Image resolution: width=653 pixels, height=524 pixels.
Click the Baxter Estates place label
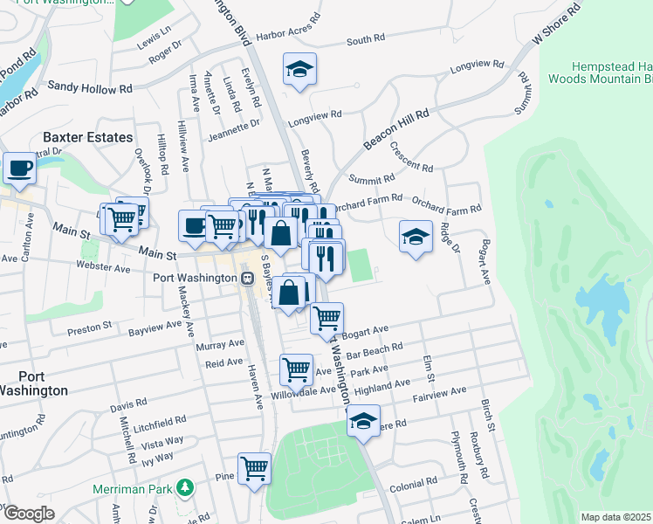coord(88,137)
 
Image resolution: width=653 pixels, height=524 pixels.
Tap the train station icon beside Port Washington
coord(249,279)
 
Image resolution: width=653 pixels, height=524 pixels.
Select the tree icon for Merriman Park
coord(184,486)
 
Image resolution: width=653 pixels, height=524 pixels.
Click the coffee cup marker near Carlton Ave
coord(19,168)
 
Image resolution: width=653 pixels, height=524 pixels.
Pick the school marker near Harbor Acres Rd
coord(299,69)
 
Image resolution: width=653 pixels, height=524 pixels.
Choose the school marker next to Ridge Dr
coord(416,235)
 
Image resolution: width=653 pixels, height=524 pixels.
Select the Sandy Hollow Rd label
coord(89,87)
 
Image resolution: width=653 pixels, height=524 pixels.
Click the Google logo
coord(29,514)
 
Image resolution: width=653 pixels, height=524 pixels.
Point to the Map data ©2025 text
coord(615,517)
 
